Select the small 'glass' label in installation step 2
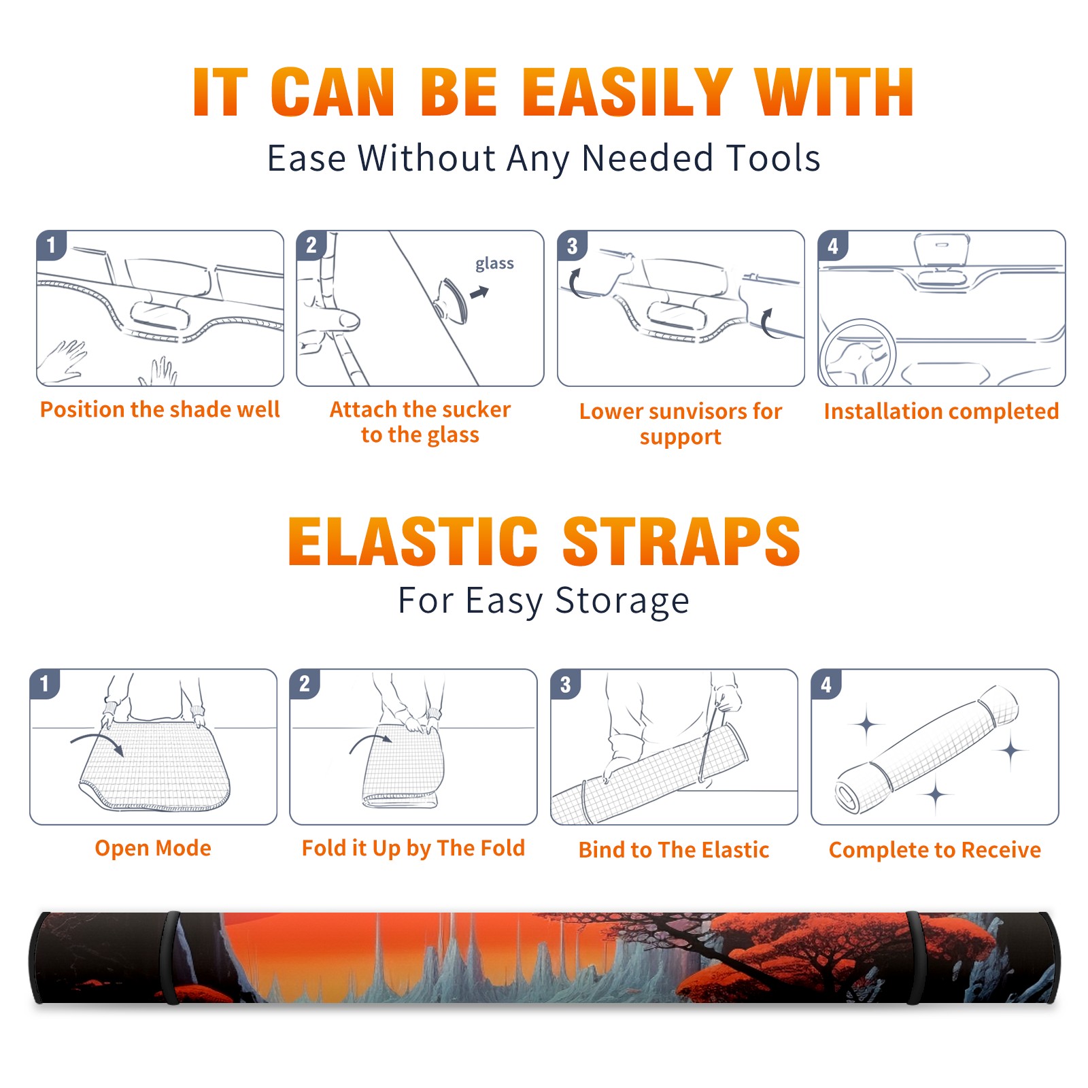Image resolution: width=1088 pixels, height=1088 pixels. pyautogui.click(x=494, y=264)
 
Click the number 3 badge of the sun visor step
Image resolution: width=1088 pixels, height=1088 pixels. pyautogui.click(x=572, y=246)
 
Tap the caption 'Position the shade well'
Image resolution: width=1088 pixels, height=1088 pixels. pyautogui.click(x=160, y=409)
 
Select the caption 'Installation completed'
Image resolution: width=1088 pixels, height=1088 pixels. pyautogui.click(x=941, y=411)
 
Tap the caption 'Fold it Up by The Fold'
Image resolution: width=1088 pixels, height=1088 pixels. pyautogui.click(x=413, y=848)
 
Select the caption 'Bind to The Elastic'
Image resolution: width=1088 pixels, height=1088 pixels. pyautogui.click(x=674, y=849)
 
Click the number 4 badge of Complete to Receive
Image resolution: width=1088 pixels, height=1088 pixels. pyautogui.click(x=826, y=684)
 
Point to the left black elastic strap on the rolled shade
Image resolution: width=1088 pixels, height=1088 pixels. pyautogui.click(x=170, y=958)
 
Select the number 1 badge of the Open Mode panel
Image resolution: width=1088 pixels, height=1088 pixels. pyautogui.click(x=45, y=684)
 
